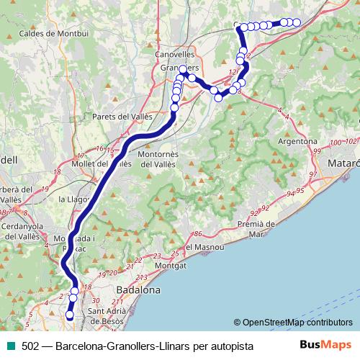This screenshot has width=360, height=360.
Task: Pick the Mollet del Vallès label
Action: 102,164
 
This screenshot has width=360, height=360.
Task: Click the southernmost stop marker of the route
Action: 71,315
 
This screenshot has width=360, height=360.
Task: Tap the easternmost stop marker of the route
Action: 297,22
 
